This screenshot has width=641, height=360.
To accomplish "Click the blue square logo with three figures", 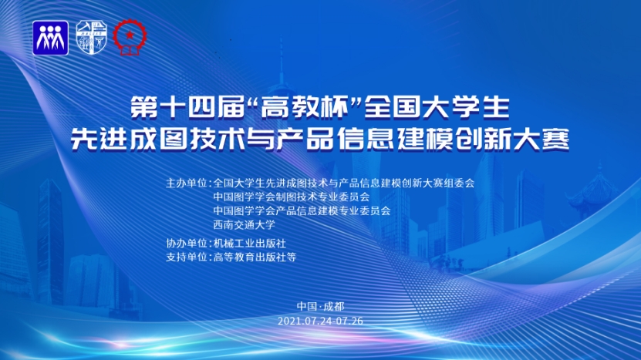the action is tap(51, 38).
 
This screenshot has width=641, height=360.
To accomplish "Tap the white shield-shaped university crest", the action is tap(92, 38).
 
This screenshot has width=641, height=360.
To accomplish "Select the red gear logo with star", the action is tap(130, 37).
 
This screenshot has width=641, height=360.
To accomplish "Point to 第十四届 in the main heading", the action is tap(189, 107).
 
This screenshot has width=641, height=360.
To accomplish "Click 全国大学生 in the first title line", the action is tap(437, 107).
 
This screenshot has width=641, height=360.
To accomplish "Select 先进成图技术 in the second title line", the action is tap(157, 140).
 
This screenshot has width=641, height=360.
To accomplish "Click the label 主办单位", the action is tap(187, 183).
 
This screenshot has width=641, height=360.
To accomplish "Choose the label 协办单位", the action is tap(187, 243).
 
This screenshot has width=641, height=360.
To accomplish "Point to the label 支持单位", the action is tap(187, 257).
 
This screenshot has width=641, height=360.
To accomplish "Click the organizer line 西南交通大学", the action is tap(244, 224).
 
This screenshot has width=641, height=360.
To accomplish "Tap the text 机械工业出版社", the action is tap(249, 243).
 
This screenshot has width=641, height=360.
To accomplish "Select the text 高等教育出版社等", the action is tap(255, 257).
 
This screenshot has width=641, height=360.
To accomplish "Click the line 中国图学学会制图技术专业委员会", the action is tap(291, 197).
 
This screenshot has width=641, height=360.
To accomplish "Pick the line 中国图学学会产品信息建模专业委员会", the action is tap(302, 211).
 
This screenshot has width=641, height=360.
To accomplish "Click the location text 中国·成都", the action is tap(321, 307).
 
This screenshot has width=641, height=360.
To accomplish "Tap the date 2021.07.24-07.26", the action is tap(321, 321).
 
